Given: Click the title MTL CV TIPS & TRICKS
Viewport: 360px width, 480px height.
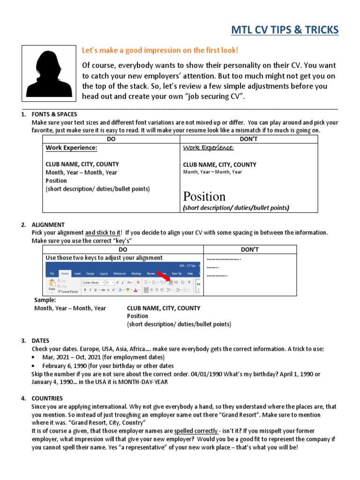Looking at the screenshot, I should click(285, 30).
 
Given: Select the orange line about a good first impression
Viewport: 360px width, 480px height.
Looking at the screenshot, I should click(160, 50).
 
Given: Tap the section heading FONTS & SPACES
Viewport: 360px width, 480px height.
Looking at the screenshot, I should click(54, 114).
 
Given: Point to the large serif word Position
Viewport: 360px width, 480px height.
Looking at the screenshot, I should click(204, 196).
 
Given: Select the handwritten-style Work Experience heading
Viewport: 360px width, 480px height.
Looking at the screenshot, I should click(208, 148).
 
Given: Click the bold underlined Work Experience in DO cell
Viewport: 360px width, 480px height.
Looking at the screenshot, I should click(71, 148).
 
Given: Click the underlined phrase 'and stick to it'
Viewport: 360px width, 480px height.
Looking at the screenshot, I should click(103, 232).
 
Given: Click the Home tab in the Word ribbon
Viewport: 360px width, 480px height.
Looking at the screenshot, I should click(65, 273).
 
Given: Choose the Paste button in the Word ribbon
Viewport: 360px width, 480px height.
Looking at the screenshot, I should click(52, 286).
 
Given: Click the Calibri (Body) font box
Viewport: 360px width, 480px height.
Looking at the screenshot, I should click(92, 283).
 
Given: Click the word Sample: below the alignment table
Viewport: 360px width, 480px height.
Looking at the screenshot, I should click(45, 300).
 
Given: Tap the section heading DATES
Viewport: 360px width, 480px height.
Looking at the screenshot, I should click(40, 341).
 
